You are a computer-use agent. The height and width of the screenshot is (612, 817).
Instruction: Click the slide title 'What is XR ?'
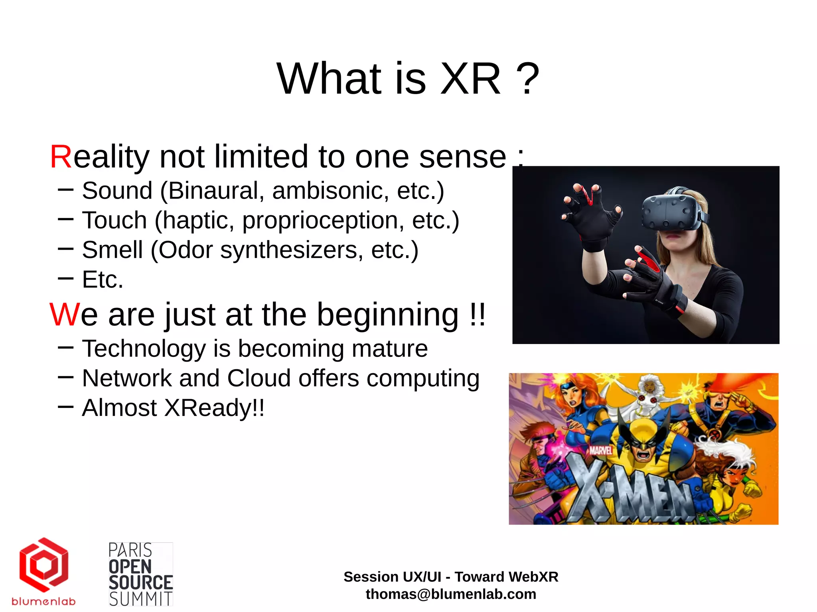408,79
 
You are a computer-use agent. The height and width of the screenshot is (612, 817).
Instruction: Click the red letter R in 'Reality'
61,157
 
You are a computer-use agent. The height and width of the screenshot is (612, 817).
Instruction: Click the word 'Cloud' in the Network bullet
259,378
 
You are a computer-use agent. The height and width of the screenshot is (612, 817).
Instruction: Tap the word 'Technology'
144,348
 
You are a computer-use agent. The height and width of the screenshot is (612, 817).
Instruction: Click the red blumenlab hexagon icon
44,564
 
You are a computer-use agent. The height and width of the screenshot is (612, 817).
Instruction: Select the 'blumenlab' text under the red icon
43,601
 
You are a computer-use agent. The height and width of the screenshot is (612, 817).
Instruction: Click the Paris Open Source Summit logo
140,574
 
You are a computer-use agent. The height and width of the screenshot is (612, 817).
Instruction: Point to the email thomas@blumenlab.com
451,594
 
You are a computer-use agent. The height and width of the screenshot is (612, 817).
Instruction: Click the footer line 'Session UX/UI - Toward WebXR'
451,577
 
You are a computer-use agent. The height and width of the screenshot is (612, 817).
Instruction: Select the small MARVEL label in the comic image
601,451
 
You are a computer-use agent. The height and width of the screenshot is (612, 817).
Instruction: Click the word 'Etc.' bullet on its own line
103,279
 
